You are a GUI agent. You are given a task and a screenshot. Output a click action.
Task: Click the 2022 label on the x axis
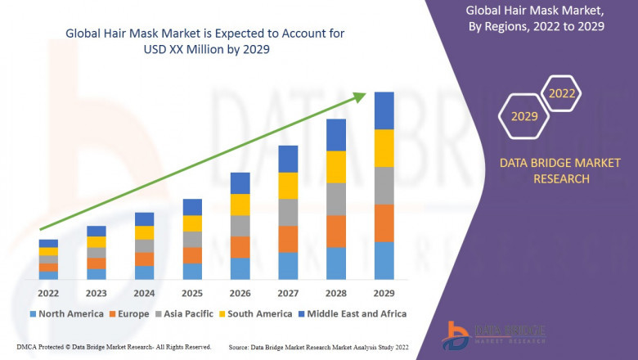[x=48, y=293]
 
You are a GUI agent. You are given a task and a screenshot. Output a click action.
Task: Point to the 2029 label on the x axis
[x=384, y=293]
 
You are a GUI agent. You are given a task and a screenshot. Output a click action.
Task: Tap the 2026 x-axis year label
[x=240, y=293]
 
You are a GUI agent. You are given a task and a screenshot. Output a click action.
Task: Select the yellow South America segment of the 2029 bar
[x=384, y=148]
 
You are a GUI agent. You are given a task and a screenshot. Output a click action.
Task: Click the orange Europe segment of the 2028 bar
[x=336, y=232]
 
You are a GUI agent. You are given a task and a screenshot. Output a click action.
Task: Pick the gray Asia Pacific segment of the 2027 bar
[x=288, y=212]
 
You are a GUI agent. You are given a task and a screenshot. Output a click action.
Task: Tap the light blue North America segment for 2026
[x=240, y=269]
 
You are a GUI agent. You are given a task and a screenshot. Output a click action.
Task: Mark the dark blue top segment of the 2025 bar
[x=192, y=207]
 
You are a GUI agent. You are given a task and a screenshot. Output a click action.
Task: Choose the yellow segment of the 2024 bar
[x=144, y=233]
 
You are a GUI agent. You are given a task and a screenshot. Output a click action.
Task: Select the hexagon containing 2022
[x=562, y=93]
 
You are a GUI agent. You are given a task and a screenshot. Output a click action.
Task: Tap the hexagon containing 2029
[x=524, y=117]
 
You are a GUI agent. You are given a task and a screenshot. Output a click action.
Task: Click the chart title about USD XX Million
[x=204, y=40]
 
